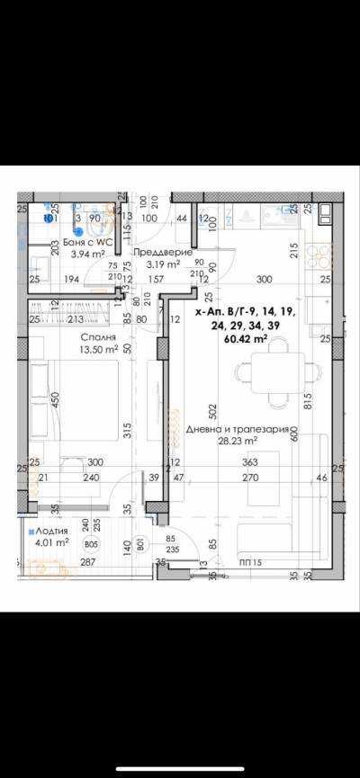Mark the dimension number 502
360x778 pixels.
212,411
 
